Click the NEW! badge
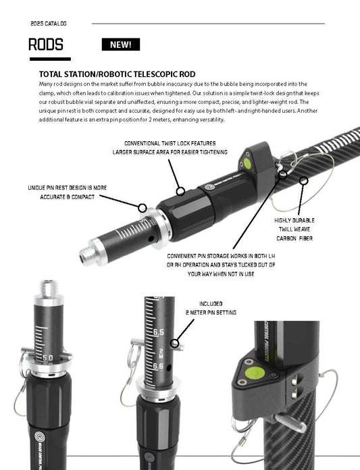click(x=121, y=45)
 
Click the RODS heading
click(x=46, y=45)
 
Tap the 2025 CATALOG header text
click(x=49, y=24)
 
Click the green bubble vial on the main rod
click(x=248, y=162)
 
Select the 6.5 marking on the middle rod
click(x=159, y=333)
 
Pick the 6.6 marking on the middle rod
click(x=159, y=365)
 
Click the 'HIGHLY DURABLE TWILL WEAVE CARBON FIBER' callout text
click(x=294, y=229)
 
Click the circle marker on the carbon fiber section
click(x=303, y=180)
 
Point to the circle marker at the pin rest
click(x=143, y=207)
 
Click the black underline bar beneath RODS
click(x=49, y=59)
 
